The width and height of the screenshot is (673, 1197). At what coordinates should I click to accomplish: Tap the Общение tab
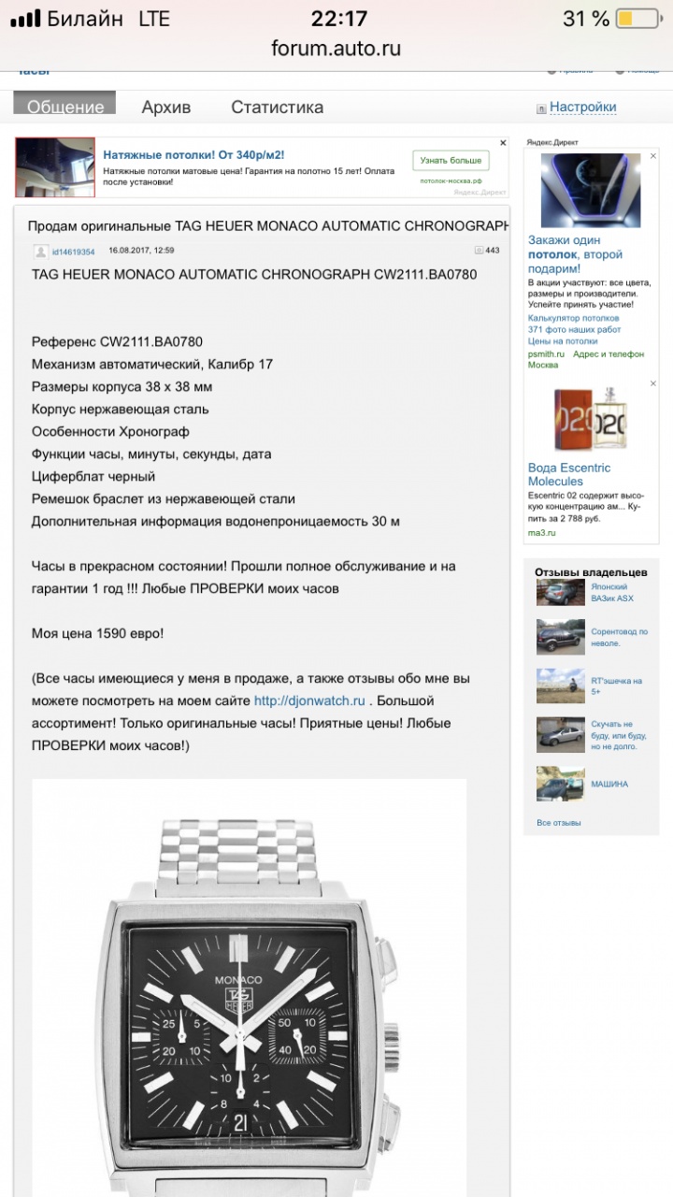coord(64,106)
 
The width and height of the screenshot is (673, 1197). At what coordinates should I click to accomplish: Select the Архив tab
coord(166,107)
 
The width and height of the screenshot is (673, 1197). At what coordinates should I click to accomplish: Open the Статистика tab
coord(277,107)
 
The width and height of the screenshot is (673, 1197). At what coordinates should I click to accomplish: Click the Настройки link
coord(582,107)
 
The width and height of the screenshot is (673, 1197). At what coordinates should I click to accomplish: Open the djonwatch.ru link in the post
coord(310,700)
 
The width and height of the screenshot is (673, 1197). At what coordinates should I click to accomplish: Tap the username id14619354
coord(73,252)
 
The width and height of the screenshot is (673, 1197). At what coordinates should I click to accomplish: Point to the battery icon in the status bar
coord(638,19)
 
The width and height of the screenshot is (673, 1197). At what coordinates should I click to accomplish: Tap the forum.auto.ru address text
coord(336,49)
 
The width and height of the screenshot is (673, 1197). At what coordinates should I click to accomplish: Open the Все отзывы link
coord(558,823)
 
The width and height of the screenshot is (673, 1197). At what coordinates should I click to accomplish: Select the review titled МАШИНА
coord(609,784)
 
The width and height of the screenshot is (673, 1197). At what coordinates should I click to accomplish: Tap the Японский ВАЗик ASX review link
coord(611,592)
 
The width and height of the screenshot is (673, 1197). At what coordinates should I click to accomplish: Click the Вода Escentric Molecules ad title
coord(568,474)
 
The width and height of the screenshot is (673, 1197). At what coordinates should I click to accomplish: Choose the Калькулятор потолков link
coord(572,318)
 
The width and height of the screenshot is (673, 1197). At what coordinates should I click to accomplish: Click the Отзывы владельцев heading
coord(590,571)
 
